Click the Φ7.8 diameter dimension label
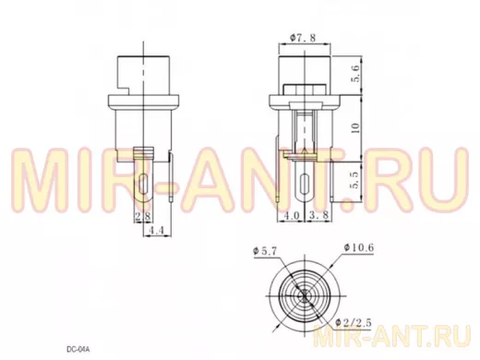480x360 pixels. coord(303,38)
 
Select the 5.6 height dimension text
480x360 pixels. coord(356,74)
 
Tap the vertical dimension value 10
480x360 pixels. coord(355,127)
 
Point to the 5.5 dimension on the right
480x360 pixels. coord(354,180)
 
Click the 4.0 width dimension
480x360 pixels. coord(292,215)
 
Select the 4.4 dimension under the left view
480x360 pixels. coord(157,230)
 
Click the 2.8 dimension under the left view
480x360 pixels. coord(143,216)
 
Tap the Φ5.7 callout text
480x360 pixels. coord(265,251)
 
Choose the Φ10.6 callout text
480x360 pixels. coord(359,247)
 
